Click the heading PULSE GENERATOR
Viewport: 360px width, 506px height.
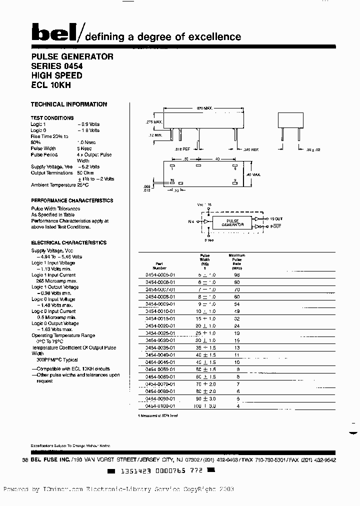[x=72, y=56]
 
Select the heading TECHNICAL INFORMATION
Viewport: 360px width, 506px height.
[x=69, y=104]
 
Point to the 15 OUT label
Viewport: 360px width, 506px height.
[x=275, y=219]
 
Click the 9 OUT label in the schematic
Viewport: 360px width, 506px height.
[x=275, y=227]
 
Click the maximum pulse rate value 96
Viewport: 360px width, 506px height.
[x=237, y=275]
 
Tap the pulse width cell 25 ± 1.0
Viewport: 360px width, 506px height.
[x=205, y=333]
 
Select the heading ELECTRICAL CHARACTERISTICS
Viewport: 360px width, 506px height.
[x=68, y=242]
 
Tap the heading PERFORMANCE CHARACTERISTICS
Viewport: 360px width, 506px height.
[x=72, y=200]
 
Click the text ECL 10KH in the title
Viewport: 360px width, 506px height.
[x=50, y=85]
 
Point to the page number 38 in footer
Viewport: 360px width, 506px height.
[x=26, y=460]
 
